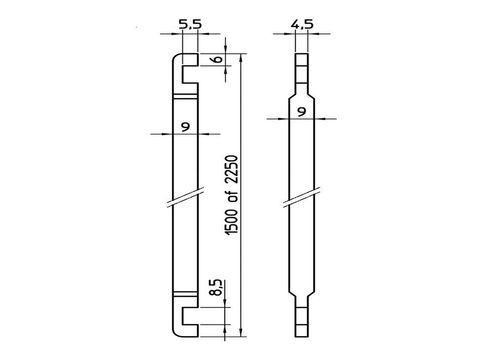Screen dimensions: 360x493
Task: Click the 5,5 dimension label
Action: point(189,25)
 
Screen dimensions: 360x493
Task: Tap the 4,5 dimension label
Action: point(301,25)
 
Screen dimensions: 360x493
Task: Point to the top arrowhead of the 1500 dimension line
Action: point(242,57)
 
